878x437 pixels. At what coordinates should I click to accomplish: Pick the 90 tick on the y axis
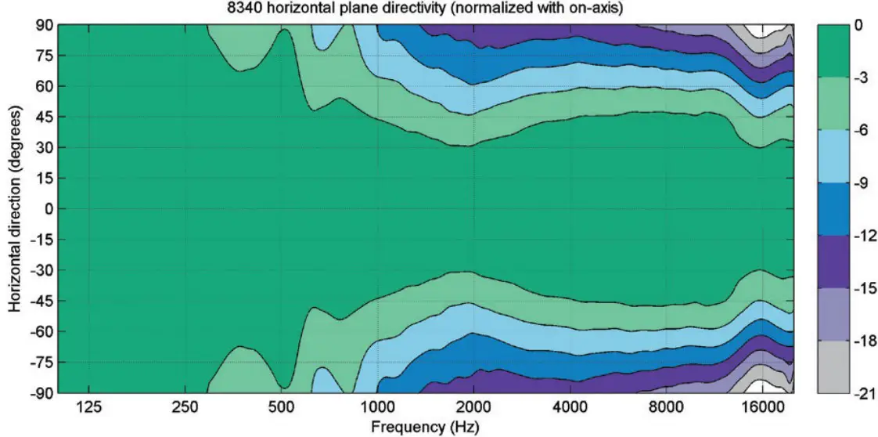tap(44, 25)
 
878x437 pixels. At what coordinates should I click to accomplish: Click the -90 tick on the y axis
tap(41, 393)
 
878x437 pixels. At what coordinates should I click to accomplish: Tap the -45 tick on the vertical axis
tap(41, 301)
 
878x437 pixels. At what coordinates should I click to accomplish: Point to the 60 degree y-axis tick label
tap(44, 86)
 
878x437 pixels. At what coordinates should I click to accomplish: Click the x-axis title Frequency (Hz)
tap(426, 427)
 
